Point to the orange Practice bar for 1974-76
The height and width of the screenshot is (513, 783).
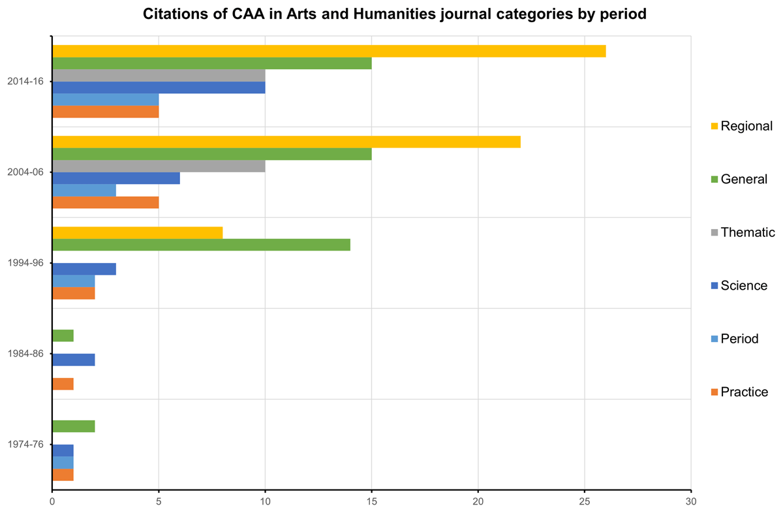point(63,474)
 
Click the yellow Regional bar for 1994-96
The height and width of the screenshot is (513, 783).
point(137,233)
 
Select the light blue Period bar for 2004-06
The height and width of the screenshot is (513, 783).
point(84,190)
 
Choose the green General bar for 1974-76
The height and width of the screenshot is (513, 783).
point(73,426)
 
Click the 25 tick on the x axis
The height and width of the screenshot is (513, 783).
point(585,502)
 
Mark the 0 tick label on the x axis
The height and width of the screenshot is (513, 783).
point(52,502)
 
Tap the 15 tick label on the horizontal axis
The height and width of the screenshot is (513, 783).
point(371,502)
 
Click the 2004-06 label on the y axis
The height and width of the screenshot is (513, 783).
point(25,172)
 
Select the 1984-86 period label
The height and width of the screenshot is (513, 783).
point(25,354)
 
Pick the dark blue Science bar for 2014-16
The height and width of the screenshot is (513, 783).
point(159,87)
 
